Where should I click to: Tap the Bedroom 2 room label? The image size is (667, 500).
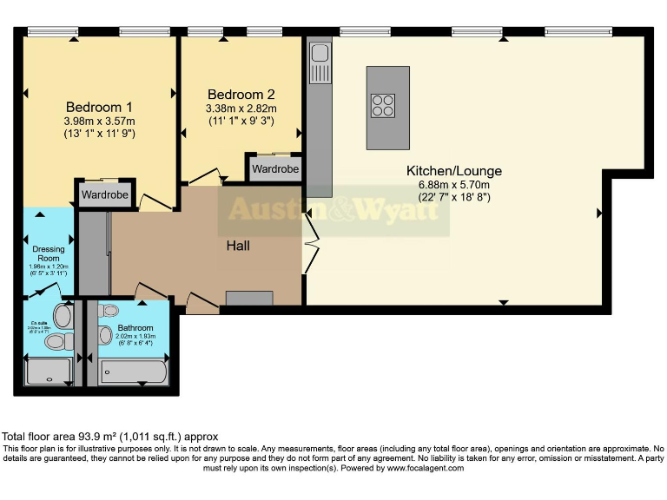[x=241, y=95]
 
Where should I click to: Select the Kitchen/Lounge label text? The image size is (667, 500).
[x=453, y=171]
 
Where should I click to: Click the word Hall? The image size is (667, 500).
[x=238, y=247]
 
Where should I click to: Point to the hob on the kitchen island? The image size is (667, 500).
[x=382, y=105]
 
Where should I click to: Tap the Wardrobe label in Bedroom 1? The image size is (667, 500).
[x=105, y=195]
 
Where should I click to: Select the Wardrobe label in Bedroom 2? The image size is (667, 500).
[x=275, y=169]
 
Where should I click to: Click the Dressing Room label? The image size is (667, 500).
[x=49, y=254]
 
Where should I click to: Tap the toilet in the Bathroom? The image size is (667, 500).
[x=111, y=312]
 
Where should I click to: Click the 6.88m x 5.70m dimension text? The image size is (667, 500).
[x=454, y=185]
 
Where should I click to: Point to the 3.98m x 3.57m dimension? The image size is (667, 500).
[x=99, y=121]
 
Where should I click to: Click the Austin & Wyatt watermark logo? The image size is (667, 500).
[x=333, y=211]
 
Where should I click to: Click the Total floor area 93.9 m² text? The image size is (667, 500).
[x=109, y=436]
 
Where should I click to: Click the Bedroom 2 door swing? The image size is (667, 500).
[x=207, y=176]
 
